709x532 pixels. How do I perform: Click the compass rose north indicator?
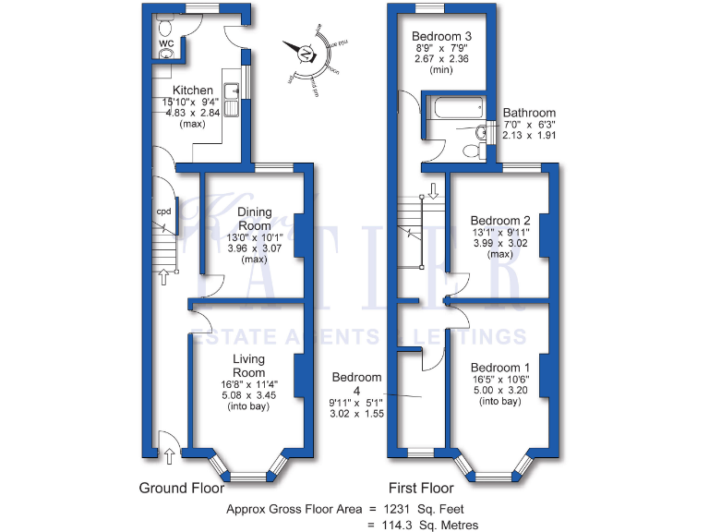pyautogui.click(x=306, y=54)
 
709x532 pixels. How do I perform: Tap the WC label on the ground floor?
pyautogui.click(x=166, y=42)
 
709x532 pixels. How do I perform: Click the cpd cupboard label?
pyautogui.click(x=163, y=212)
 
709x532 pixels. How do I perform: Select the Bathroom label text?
pyautogui.click(x=529, y=113)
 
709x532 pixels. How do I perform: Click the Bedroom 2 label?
pyautogui.click(x=500, y=220)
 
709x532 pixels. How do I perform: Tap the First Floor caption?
pyautogui.click(x=422, y=487)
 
